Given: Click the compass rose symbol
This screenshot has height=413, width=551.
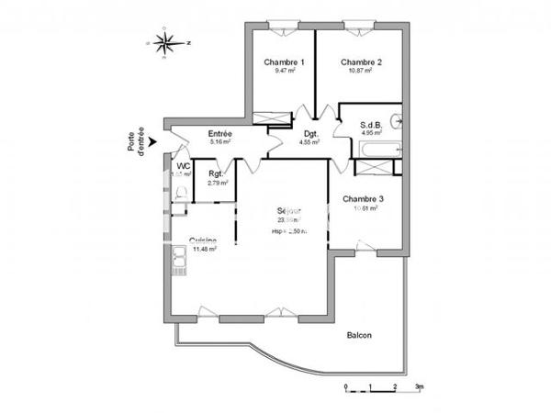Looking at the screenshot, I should pos(166,41).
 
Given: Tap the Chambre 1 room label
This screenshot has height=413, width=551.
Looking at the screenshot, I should pos(284,62).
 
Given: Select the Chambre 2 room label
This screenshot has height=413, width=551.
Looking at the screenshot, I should pos(361,62).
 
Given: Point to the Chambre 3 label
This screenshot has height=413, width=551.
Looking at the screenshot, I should pos(363,199).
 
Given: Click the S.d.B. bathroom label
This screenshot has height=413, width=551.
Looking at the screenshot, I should pos(371,124).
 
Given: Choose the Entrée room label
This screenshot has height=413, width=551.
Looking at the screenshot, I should pos(219,134).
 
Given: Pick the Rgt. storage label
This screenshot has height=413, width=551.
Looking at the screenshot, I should pos(217,174).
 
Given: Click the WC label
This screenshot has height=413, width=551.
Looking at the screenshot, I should pos(183,165).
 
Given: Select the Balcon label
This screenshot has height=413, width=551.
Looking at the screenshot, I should pos(359,335).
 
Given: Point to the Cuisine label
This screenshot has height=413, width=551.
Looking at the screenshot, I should pos(203,240).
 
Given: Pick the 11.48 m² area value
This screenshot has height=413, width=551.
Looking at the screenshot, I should pos(203,249).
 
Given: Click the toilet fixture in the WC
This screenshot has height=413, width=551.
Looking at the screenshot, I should pos(181,191).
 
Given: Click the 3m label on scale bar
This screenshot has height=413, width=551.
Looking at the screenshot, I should pos(418,387).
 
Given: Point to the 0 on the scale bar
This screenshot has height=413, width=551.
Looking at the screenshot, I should pos(345,387).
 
